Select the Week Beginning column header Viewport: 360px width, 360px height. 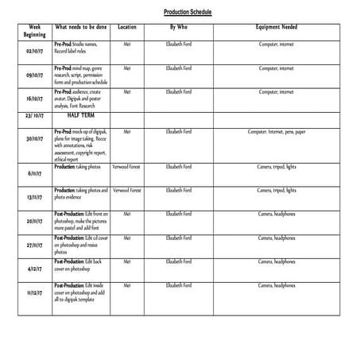(x=34, y=31)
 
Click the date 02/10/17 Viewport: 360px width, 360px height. (x=34, y=51)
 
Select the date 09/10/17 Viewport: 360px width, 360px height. (x=34, y=75)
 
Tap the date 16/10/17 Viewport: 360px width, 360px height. (x=34, y=99)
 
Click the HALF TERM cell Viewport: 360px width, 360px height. (x=80, y=115)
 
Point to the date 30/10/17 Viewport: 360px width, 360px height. (x=34, y=138)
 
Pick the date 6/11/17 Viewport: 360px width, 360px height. (x=34, y=172)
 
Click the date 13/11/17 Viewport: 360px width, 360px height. (x=34, y=197)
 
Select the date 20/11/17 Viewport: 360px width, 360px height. (x=34, y=221)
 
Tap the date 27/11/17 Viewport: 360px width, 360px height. (x=34, y=245)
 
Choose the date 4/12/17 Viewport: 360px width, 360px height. (x=34, y=269)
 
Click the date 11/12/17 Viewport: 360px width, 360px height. (x=34, y=292)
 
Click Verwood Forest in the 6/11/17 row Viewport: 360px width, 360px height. (x=127, y=167)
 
